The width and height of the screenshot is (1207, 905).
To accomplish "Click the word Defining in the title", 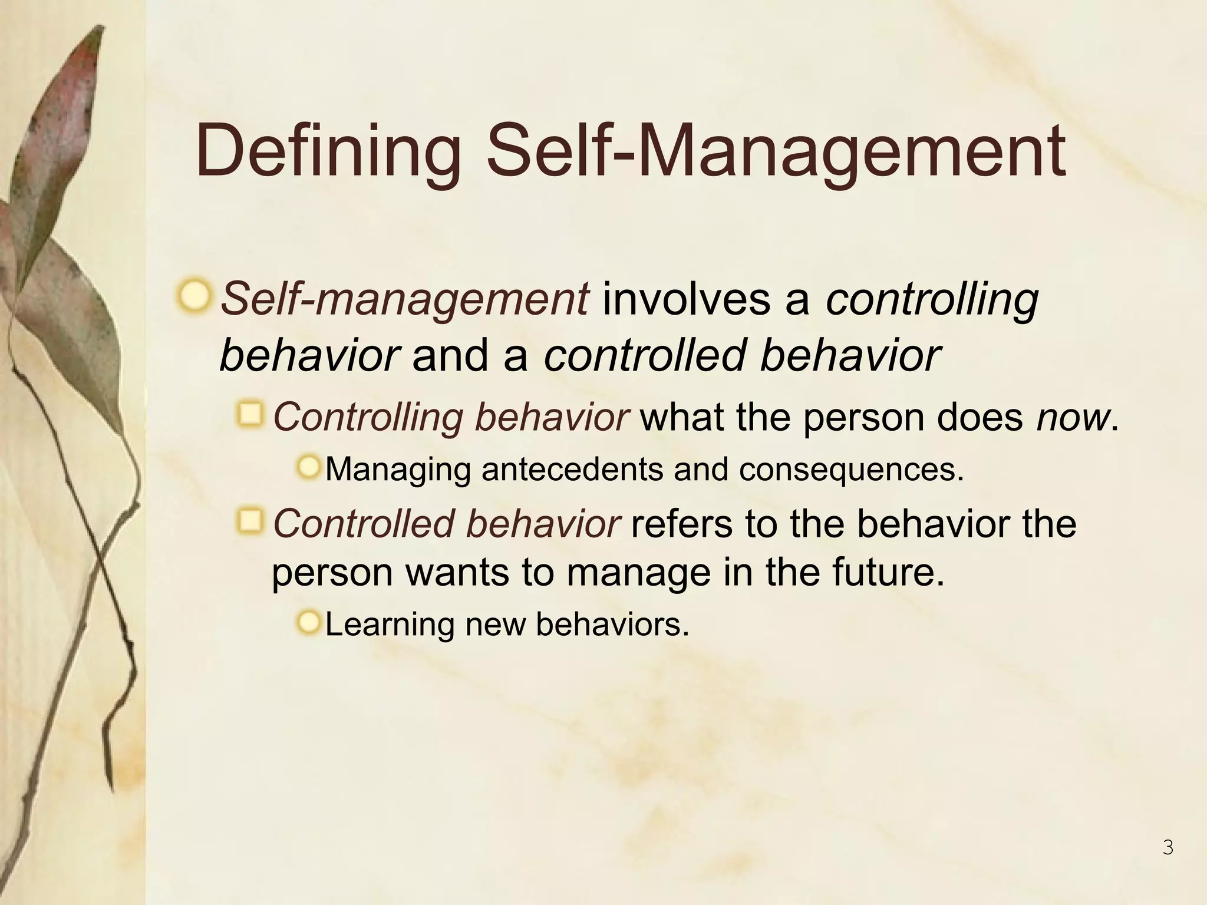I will (x=328, y=152).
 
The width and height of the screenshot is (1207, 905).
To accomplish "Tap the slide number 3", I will (x=1168, y=848).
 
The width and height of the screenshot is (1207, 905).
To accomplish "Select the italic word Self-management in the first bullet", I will (x=404, y=299).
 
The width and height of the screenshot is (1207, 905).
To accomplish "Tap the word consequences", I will (x=850, y=470).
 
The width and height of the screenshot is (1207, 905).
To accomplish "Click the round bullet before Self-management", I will (x=194, y=296).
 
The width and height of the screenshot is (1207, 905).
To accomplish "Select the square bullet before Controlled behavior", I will (x=250, y=521).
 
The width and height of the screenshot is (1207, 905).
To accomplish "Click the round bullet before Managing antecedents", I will (x=308, y=468).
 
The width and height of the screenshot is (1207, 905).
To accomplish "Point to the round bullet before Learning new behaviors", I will (x=308, y=622).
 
